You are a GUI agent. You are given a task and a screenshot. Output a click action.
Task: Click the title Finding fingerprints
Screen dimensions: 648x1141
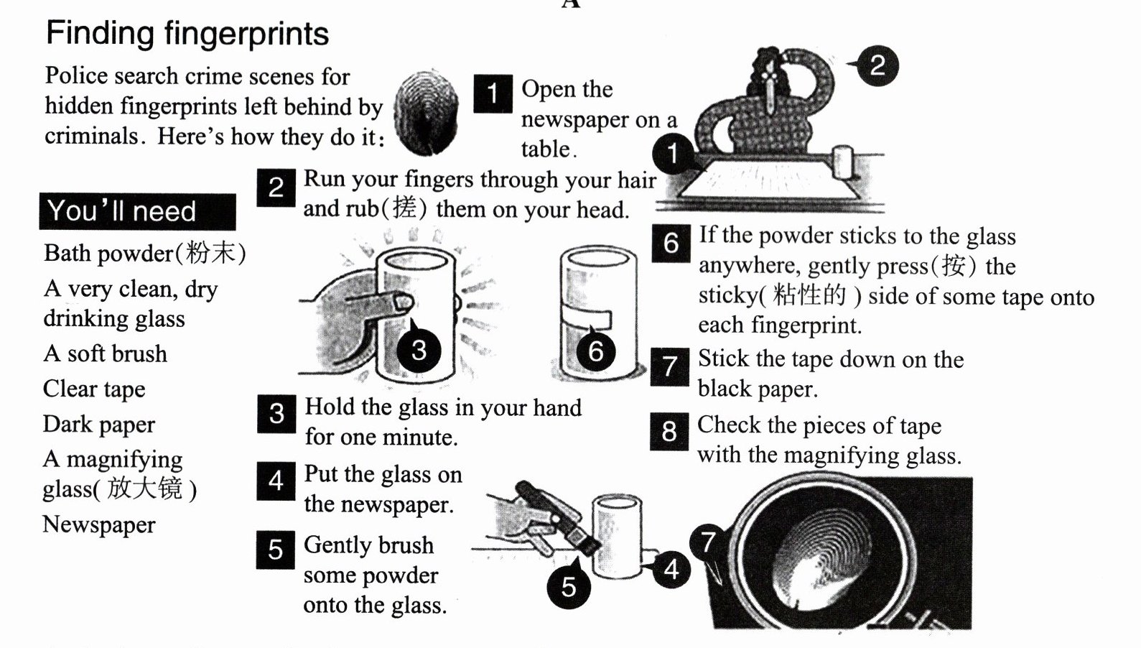[x=187, y=34]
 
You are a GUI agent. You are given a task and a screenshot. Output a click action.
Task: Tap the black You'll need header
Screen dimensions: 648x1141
[x=137, y=211]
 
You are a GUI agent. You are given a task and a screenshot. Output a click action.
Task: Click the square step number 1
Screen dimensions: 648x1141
[x=493, y=93]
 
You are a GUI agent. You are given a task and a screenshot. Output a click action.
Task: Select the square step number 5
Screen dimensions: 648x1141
[x=276, y=550]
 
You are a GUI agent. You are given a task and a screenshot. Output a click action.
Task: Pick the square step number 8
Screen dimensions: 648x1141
[x=669, y=431]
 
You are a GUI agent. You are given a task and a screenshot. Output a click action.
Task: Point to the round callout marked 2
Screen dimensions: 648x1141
[x=877, y=65]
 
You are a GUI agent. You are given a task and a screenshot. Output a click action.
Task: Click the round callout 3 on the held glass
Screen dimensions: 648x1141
[x=419, y=350]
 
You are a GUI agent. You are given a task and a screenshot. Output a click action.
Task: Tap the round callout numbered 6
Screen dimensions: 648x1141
[x=596, y=351]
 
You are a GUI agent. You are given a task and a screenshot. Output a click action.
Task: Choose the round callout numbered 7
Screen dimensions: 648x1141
[x=708, y=542]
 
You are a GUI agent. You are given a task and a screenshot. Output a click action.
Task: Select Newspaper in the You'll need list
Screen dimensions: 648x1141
[x=99, y=524]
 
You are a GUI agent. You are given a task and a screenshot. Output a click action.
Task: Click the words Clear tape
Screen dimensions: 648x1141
[x=94, y=389]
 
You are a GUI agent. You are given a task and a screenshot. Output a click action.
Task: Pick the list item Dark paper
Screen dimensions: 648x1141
[x=99, y=424]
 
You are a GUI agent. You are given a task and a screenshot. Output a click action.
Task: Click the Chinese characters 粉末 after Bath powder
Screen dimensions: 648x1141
[x=211, y=253]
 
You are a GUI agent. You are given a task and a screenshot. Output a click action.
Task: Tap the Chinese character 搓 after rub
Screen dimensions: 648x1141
[x=405, y=208]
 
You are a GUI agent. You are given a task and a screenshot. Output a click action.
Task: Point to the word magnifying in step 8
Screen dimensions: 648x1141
[x=840, y=455]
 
